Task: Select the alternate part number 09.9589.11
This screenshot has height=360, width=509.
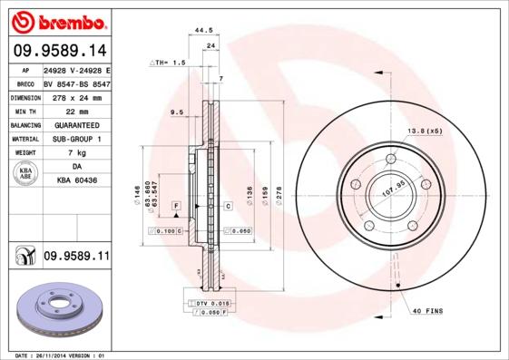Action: coord(76,257)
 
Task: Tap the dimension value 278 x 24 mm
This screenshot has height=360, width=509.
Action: coord(76,97)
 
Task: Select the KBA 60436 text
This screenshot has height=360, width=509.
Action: coord(76,181)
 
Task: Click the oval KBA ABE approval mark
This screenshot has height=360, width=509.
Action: coord(24,173)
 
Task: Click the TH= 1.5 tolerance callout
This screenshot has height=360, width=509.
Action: coord(169,63)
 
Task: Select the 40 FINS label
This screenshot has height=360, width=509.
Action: coord(426,312)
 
